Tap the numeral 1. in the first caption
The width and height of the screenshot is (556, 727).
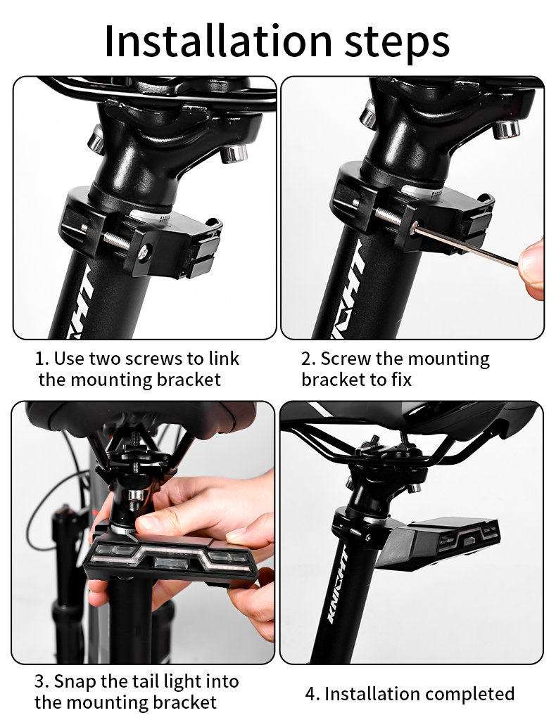click(42, 359)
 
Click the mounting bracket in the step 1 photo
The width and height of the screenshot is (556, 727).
click(141, 236)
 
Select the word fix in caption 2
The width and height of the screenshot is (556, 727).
click(398, 380)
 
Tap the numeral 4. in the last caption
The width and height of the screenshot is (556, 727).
click(312, 694)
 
